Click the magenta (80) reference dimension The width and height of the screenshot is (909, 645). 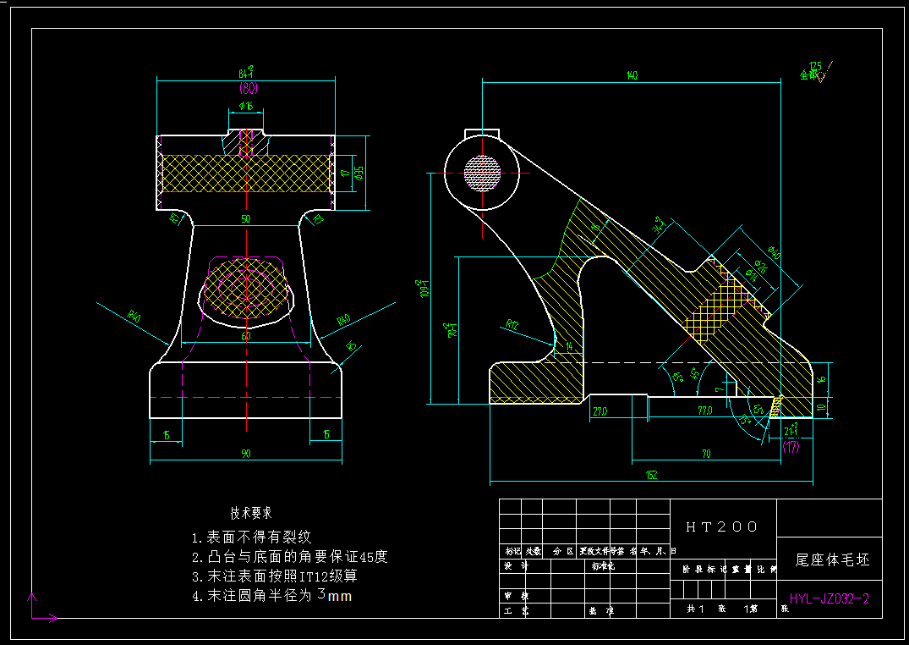[247, 88]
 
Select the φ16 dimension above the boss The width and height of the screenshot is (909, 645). [246, 106]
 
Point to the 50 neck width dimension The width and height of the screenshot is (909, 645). [246, 218]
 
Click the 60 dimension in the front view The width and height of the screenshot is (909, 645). [246, 336]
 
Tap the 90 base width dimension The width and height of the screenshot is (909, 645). [246, 454]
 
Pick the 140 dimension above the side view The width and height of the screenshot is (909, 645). [631, 75]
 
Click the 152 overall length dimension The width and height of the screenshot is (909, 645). [651, 476]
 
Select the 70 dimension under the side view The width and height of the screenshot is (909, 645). [705, 454]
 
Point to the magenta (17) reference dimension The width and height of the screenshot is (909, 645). [791, 447]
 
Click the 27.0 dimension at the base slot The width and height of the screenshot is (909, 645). [600, 411]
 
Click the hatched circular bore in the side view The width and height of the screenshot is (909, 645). [482, 172]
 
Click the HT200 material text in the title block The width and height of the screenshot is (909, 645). [721, 526]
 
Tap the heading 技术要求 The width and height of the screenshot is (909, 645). [251, 513]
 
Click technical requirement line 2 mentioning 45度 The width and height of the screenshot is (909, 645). [289, 557]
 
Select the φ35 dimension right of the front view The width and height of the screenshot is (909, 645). [359, 173]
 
